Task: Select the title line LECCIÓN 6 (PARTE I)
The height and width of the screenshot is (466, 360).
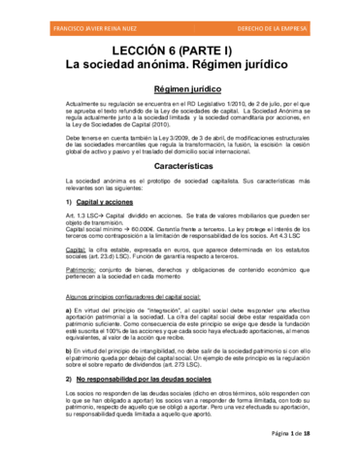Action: (180, 47)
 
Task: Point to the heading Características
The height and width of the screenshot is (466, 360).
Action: (180, 166)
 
